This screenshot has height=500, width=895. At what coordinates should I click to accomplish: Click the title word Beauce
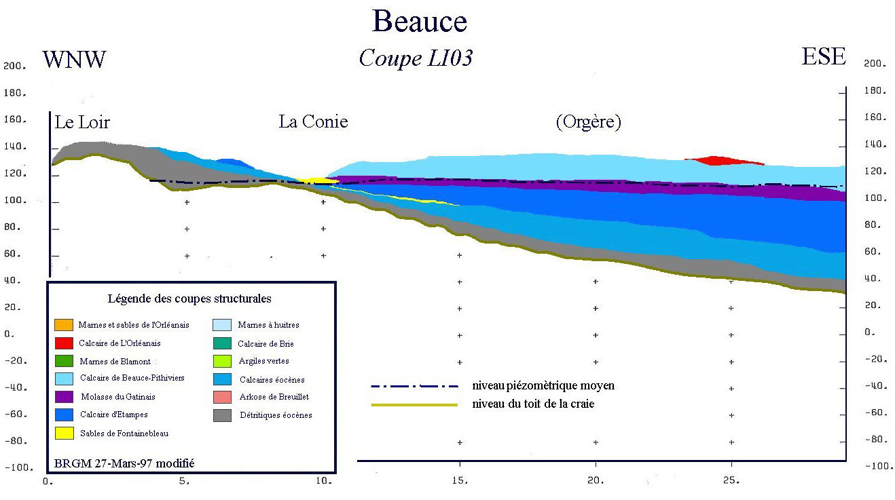point(419,21)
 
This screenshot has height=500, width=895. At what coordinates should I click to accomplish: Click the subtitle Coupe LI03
point(415,58)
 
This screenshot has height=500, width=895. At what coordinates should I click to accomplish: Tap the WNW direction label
point(74,59)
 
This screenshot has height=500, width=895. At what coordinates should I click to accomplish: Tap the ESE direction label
point(824,56)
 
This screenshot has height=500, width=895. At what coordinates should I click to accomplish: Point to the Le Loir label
point(82,122)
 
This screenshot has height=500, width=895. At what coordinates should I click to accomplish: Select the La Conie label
point(313,121)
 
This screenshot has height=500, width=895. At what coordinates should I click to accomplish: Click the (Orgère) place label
point(588,122)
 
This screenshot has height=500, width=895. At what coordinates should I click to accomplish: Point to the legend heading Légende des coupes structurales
point(189,299)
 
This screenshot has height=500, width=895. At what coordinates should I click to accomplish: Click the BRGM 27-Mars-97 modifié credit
point(124,463)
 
